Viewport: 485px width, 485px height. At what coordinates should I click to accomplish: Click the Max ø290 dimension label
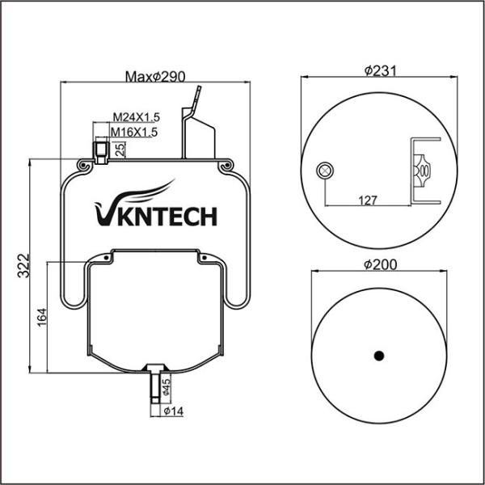tap(156, 77)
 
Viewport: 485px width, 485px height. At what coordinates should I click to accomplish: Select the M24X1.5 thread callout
tap(135, 118)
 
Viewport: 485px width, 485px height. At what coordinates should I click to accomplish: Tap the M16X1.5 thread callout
tap(133, 131)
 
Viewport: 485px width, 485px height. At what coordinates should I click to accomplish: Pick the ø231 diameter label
tap(379, 71)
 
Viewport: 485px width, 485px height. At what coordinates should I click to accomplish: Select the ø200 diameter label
tap(379, 264)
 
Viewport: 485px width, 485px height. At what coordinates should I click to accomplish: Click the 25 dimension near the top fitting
tap(120, 148)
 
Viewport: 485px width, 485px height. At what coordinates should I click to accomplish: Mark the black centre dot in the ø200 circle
tap(378, 354)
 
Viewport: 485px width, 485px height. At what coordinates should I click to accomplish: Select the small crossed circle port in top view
tap(324, 170)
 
